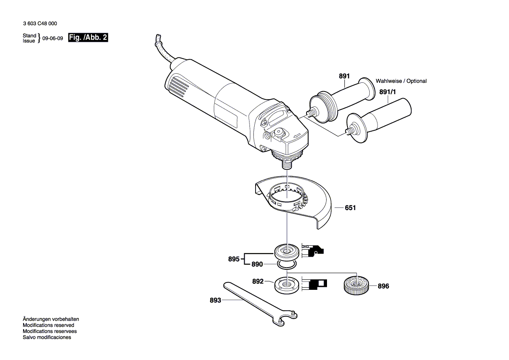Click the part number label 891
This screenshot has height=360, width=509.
tap(344, 76)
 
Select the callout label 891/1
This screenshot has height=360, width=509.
tap(388, 92)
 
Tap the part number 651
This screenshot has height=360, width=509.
tap(350, 208)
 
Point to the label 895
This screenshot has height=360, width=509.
tap(234, 259)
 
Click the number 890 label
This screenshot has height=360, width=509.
tap(257, 265)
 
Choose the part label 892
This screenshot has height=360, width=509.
tap(258, 282)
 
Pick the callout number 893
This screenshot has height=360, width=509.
tap(216, 300)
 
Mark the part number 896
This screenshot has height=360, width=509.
tap(383, 286)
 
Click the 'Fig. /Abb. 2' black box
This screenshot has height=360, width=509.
tap(88, 38)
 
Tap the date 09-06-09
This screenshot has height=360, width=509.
tap(53, 38)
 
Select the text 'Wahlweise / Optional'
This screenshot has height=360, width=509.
tap(401, 81)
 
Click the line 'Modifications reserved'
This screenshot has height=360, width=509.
tap(48, 325)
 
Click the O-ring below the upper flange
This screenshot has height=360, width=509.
tap(286, 264)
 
